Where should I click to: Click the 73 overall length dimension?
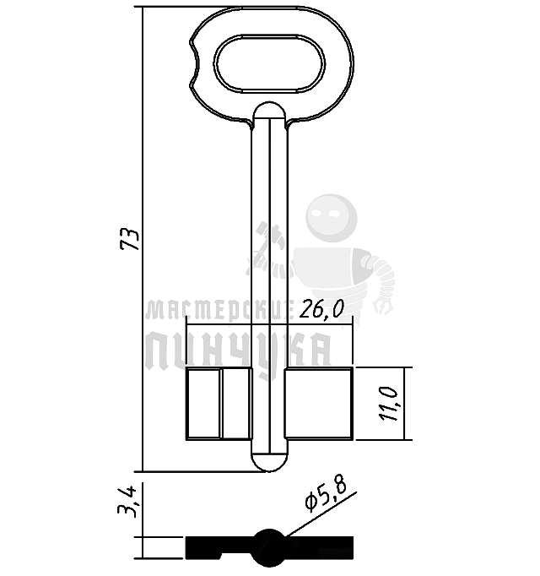coord(130,239)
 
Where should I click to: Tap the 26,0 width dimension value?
coord(322,310)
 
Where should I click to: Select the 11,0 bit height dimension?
coord(389,404)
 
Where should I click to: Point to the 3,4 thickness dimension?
coord(127,502)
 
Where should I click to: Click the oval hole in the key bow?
coord(269,63)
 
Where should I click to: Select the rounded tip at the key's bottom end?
coord(269,462)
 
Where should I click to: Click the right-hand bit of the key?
coord(318,404)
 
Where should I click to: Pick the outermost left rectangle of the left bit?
coord(203,404)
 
